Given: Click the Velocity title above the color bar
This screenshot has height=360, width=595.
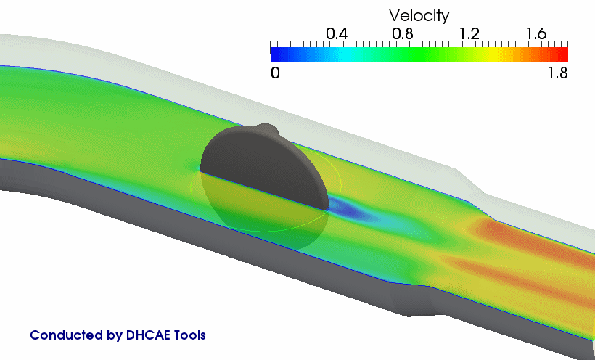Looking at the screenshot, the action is (x=419, y=16).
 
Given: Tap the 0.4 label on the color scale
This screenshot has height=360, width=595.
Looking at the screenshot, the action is (x=337, y=34).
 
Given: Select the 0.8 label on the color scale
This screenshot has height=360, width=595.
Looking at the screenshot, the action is (x=403, y=34).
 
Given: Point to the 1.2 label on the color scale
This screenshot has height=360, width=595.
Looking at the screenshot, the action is (x=469, y=34).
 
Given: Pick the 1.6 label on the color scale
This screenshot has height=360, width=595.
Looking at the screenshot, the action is (x=535, y=34).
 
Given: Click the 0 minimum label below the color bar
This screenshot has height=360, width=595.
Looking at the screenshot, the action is (x=275, y=73).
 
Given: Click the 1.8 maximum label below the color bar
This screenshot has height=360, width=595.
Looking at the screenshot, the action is (x=558, y=73).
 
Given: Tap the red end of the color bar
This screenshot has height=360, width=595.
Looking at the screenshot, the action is (x=562, y=54).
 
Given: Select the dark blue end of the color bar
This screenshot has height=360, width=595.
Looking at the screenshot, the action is (x=277, y=54).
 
